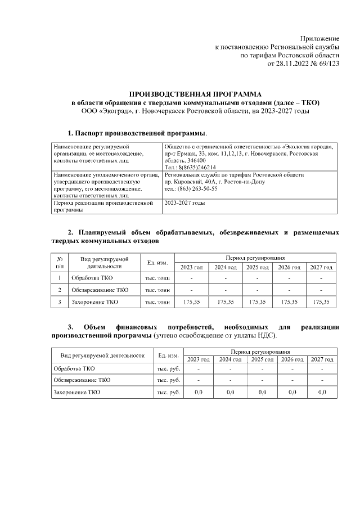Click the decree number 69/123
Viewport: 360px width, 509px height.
[329, 64]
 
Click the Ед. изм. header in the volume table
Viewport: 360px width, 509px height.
[157, 263]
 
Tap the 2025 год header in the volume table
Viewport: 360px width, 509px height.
[257, 267]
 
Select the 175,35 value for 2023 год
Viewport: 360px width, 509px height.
[192, 302]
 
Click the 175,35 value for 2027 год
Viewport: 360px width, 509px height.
[321, 302]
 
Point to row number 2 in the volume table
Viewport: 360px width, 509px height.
[60, 290]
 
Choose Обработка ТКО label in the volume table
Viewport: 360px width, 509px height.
[92, 278]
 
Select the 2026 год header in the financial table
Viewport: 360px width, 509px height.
[292, 359]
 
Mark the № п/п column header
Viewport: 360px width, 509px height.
[60, 263]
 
